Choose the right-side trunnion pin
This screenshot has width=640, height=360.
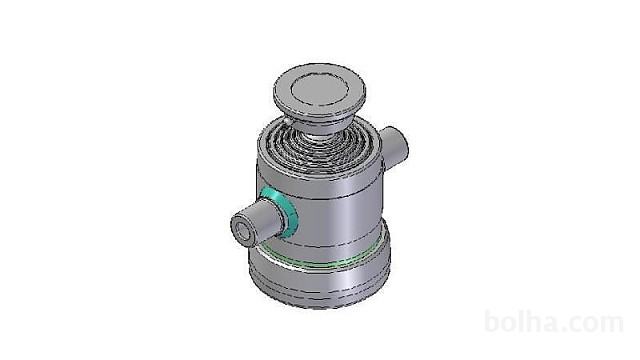393,148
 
